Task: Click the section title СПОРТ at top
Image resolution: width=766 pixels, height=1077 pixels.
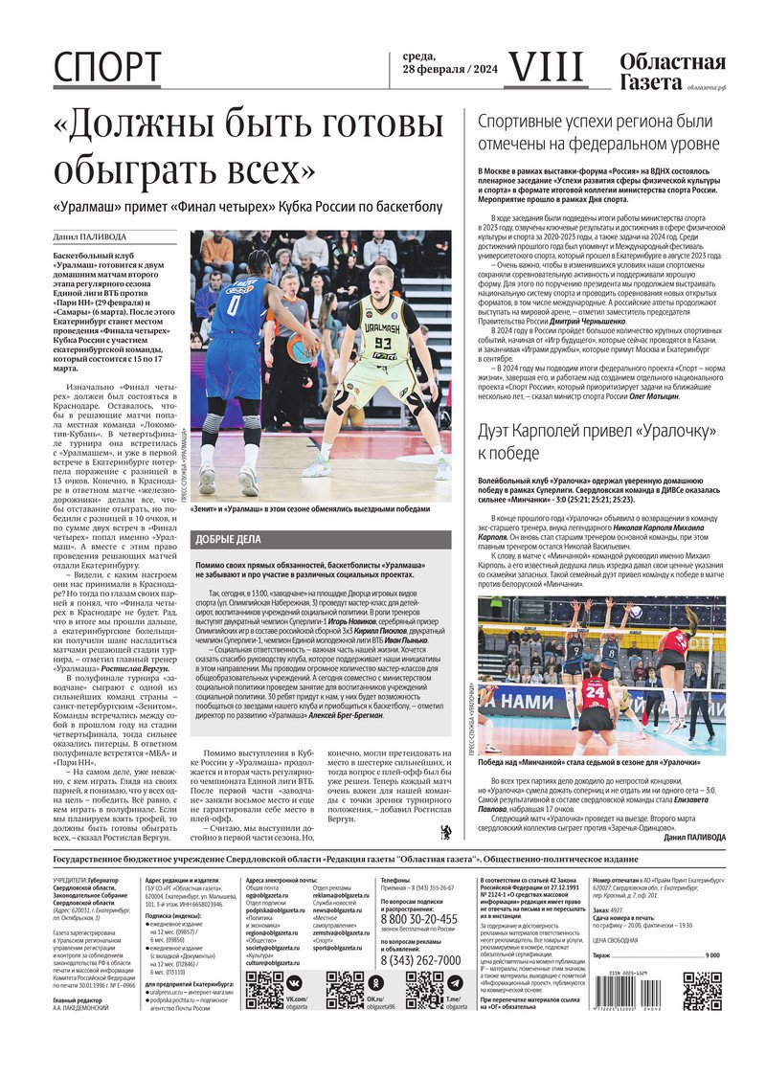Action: click(107, 68)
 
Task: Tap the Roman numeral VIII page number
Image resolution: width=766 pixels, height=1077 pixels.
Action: click(545, 67)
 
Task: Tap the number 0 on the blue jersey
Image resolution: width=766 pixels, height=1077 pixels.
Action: click(233, 306)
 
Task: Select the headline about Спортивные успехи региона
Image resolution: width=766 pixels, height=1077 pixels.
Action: click(597, 132)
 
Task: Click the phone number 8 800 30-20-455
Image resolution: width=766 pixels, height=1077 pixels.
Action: click(420, 919)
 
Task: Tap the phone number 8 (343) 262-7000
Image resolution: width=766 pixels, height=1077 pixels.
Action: click(420, 960)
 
